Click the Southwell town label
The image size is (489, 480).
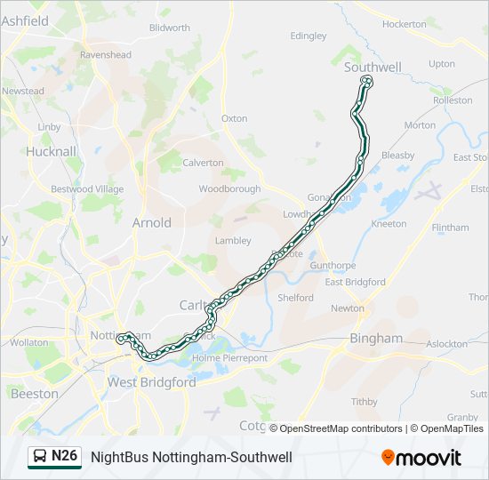373,67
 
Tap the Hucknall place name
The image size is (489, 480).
52,151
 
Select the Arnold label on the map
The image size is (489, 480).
151,222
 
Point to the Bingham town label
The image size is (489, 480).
376,339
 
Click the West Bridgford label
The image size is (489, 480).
151,382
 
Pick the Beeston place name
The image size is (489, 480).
35,393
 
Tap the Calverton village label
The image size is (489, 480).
203,163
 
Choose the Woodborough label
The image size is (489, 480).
229,188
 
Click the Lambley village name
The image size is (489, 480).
233,240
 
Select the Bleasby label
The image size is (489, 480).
397,156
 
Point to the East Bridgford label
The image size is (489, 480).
355,282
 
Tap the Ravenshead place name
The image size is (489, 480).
106,54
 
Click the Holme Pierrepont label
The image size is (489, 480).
229,358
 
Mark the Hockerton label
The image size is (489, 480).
405,24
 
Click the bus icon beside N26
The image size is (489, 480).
40,457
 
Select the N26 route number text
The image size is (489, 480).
65,456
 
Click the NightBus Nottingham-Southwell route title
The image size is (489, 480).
191,457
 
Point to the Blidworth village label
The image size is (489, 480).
170,28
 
